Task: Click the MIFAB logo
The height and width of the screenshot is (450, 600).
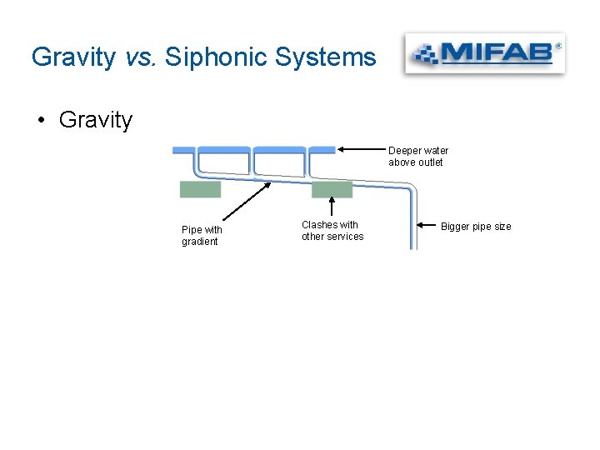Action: click(484, 55)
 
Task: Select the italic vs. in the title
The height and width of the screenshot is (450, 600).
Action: click(141, 57)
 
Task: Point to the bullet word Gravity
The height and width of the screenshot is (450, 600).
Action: click(96, 120)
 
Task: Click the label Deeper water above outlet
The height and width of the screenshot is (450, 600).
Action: click(417, 157)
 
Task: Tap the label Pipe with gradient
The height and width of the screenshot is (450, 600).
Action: click(202, 236)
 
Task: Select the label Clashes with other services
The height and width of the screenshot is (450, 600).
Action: click(332, 231)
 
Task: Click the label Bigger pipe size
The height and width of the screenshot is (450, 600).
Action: click(476, 227)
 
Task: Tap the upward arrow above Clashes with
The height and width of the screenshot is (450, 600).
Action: click(332, 207)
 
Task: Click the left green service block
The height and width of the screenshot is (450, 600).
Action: click(200, 190)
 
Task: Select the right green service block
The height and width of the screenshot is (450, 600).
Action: click(332, 190)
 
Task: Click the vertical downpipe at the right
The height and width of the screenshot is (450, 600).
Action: click(412, 221)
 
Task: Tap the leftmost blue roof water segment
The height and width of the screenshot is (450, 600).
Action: click(183, 150)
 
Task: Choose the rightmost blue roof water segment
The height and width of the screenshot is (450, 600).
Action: click(322, 150)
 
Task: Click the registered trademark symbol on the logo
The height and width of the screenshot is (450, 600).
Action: click(557, 46)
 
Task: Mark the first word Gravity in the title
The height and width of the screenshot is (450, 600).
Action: click(73, 57)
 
